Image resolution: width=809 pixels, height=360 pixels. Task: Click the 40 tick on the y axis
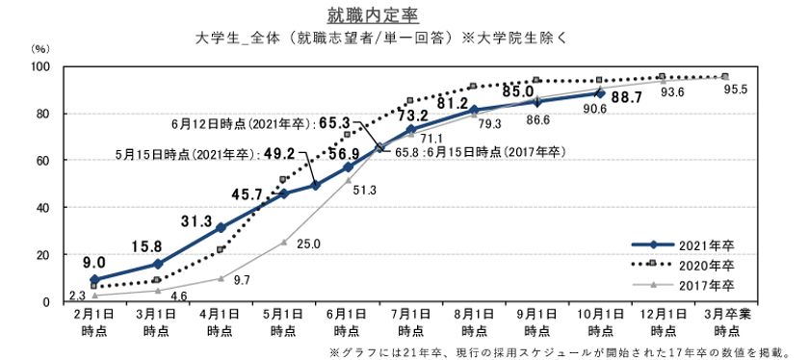pos(42,208)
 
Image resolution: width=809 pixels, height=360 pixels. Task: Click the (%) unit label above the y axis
pos(40,47)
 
